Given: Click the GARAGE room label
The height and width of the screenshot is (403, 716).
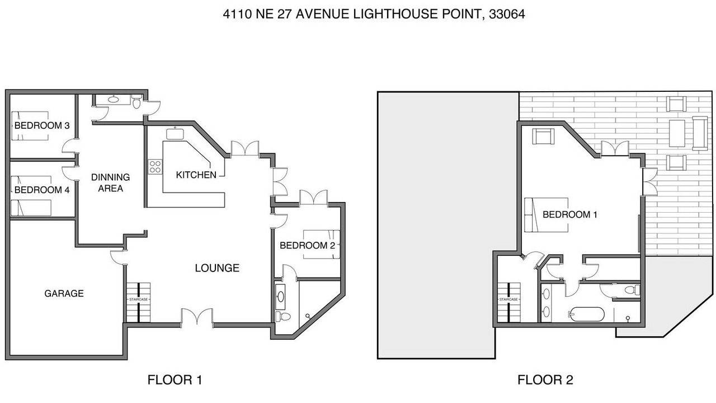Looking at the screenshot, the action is tap(64, 293).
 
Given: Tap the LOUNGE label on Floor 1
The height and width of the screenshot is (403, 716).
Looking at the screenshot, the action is tap(217, 268).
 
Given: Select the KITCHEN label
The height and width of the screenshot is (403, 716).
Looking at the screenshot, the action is tap(196, 175).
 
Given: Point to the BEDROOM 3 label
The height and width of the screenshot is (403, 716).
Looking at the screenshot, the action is tap(42, 125).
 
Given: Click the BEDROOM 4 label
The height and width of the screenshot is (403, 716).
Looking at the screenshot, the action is tap(42, 190).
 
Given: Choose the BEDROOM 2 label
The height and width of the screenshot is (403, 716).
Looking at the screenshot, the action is tap(308, 245).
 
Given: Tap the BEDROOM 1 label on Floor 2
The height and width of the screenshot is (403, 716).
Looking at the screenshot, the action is tap(570, 214).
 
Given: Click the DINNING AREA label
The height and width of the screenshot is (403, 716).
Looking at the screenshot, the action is tap(111, 182).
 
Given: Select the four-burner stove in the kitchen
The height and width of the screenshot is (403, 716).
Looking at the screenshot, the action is tap(155, 167).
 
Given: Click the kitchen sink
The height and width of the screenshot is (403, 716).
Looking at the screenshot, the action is tap(175, 134).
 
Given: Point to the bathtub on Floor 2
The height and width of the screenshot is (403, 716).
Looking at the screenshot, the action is tap(587, 314).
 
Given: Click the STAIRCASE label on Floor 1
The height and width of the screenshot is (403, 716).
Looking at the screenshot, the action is tap(138, 299).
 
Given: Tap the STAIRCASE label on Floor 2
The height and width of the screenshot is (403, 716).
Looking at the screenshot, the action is tap(508, 299).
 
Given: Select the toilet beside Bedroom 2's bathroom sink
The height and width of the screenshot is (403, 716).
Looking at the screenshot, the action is tap(283, 317).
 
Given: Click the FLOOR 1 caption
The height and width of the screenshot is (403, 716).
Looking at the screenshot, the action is tap(175, 379).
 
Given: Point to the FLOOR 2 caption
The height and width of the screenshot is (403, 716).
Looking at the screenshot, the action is tap(545, 379).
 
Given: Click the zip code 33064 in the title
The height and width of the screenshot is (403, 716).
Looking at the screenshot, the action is tap(507, 14).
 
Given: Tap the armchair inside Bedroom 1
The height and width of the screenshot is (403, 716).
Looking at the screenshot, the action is tap(543, 136).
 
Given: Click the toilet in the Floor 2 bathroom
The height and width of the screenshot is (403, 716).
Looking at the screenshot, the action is tap(632, 290).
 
